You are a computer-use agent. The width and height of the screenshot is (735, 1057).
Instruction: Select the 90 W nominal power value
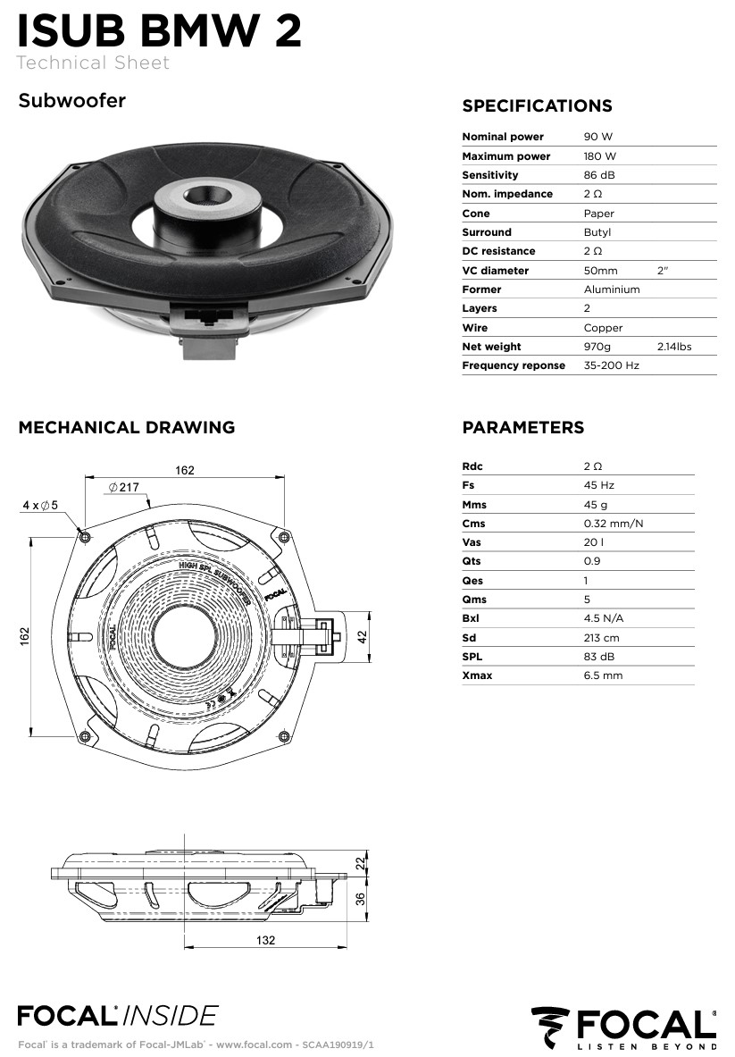597,137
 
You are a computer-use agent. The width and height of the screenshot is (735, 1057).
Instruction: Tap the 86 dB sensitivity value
598,175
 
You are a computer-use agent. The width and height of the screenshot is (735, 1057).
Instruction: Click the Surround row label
487,232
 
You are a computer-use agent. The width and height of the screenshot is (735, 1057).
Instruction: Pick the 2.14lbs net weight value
673,347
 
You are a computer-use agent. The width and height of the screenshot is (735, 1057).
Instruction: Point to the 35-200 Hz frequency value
611,365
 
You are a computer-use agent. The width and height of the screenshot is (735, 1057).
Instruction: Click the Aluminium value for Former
611,289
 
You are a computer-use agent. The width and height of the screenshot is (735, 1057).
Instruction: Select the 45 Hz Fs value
597,485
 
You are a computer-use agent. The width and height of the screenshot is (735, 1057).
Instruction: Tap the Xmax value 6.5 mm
603,675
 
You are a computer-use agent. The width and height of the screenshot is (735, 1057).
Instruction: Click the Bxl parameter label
472,618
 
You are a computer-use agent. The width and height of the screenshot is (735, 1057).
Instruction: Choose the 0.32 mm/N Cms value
613,524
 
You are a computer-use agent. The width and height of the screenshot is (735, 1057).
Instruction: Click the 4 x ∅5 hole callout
40,505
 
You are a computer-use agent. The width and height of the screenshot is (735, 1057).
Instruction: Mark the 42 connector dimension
363,638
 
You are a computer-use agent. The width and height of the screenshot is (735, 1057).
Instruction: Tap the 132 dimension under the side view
265,940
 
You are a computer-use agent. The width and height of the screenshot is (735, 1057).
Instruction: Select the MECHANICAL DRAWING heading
127,427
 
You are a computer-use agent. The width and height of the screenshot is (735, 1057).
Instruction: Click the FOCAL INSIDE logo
117,1015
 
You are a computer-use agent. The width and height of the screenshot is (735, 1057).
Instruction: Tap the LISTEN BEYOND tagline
647,1045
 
